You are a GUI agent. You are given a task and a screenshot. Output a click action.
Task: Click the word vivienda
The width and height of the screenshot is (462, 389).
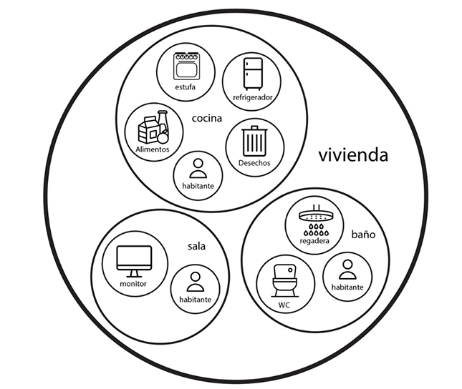[353, 155]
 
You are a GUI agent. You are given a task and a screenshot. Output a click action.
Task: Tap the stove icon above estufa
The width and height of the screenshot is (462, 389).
[186, 67]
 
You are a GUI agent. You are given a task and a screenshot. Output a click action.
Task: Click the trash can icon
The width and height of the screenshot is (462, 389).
[254, 139]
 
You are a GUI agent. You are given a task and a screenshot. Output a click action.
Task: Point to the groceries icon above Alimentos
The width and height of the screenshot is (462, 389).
[153, 129]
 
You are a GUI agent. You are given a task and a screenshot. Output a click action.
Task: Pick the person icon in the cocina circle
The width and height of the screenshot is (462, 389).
[198, 169]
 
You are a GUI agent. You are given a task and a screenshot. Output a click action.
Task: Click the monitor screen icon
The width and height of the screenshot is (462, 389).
[133, 261]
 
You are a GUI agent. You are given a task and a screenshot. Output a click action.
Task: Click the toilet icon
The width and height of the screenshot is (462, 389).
[284, 280]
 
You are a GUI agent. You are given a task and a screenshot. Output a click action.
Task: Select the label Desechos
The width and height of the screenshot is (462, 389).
[254, 162]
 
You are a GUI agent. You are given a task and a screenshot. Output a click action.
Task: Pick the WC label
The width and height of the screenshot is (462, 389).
[284, 305]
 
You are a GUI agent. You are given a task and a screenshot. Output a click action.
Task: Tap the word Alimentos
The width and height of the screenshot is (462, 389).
[153, 149]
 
